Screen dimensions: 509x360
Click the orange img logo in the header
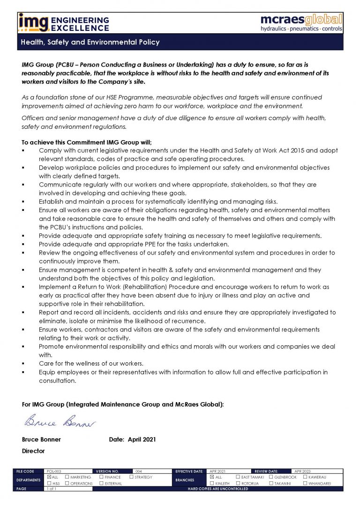[33, 22]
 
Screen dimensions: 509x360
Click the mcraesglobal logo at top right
[301, 22]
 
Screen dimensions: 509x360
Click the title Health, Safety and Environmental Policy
[90, 42]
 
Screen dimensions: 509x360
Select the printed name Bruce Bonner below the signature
[41, 440]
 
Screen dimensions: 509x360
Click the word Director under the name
[33, 451]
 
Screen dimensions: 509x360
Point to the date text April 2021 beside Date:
[142, 440]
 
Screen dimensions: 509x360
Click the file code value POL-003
[54, 471]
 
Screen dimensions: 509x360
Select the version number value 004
[138, 471]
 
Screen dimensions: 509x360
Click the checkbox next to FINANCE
[101, 477]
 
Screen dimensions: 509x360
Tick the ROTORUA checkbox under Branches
[238, 483]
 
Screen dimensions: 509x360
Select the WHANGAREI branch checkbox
[305, 483]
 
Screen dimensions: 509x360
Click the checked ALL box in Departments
[49, 477]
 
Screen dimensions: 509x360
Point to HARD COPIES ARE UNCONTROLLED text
[218, 489]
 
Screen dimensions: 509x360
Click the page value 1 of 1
[52, 489]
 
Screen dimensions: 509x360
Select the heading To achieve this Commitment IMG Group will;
[87, 142]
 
